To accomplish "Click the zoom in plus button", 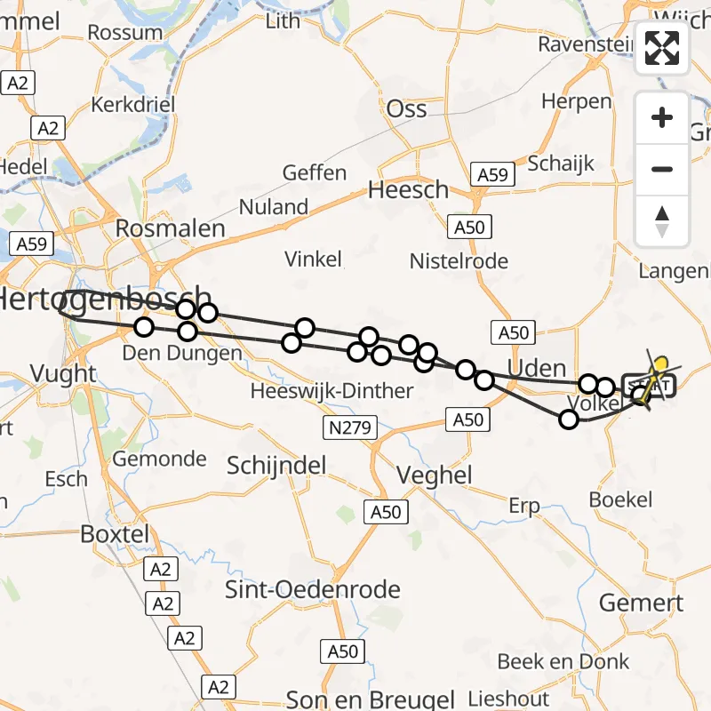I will coord(662,117).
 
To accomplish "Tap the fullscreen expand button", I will coord(662,48).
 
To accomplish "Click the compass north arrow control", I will coord(662,221).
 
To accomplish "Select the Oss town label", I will coord(406,109).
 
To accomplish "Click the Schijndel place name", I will coord(276,465).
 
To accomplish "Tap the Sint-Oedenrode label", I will coord(312,589).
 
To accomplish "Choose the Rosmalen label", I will coord(170,228).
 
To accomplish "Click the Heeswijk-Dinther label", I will coord(332,391).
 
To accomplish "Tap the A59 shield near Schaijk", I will coord(493,176).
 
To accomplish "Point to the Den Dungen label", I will coord(181,354).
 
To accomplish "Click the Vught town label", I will coord(62,373).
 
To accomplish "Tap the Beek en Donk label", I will coord(563,661).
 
